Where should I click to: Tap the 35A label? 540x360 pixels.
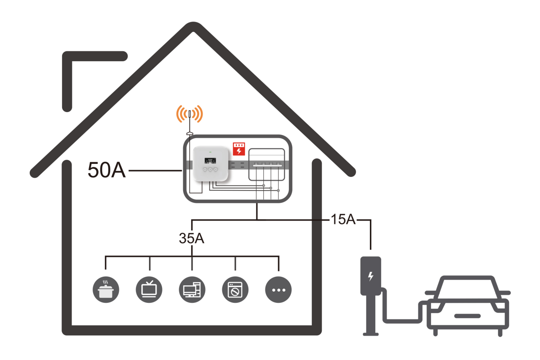192,238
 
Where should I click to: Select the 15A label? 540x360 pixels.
342,220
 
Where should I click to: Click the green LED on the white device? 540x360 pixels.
210,151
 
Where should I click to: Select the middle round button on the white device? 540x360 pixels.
210,169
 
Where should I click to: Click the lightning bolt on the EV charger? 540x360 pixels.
370,275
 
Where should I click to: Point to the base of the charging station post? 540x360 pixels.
370,333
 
